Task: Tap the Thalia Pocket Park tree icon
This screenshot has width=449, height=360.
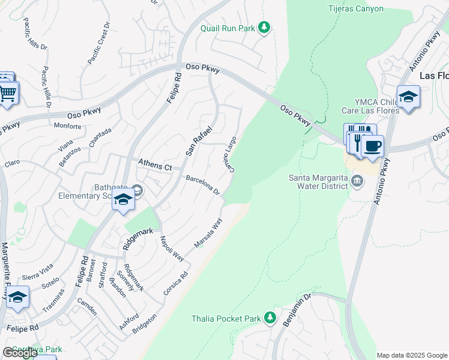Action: (x=271, y=317)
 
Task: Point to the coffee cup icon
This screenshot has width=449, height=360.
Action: (x=372, y=146)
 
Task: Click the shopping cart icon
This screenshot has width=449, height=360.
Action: (x=8, y=94)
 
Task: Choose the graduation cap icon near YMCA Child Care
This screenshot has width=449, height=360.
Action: (x=408, y=97)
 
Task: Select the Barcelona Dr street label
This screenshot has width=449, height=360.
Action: (x=203, y=185)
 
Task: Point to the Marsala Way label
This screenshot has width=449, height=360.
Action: (x=208, y=233)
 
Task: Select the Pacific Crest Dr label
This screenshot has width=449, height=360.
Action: (x=99, y=44)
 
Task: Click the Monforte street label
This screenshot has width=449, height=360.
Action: (x=67, y=126)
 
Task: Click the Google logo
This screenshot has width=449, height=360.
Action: (x=19, y=353)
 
